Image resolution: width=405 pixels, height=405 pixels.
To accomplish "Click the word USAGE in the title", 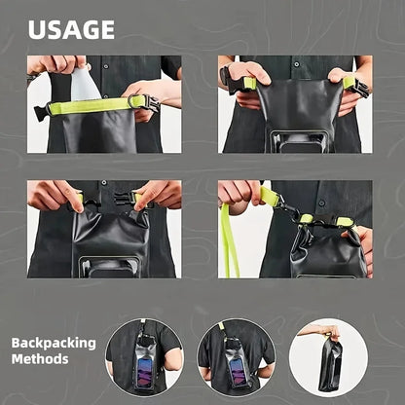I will click(x=71, y=29).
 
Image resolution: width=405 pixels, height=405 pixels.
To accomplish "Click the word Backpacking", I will click(x=54, y=343).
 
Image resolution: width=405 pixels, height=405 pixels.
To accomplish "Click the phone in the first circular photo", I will click(x=144, y=366).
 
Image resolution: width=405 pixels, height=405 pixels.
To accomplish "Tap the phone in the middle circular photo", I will click(x=237, y=366).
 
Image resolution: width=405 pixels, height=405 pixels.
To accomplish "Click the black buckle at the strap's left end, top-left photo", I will click(x=41, y=113).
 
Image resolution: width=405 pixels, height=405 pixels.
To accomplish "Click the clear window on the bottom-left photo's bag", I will click(x=108, y=266).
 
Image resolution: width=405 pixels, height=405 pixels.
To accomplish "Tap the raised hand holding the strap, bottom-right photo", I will click(x=238, y=191).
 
